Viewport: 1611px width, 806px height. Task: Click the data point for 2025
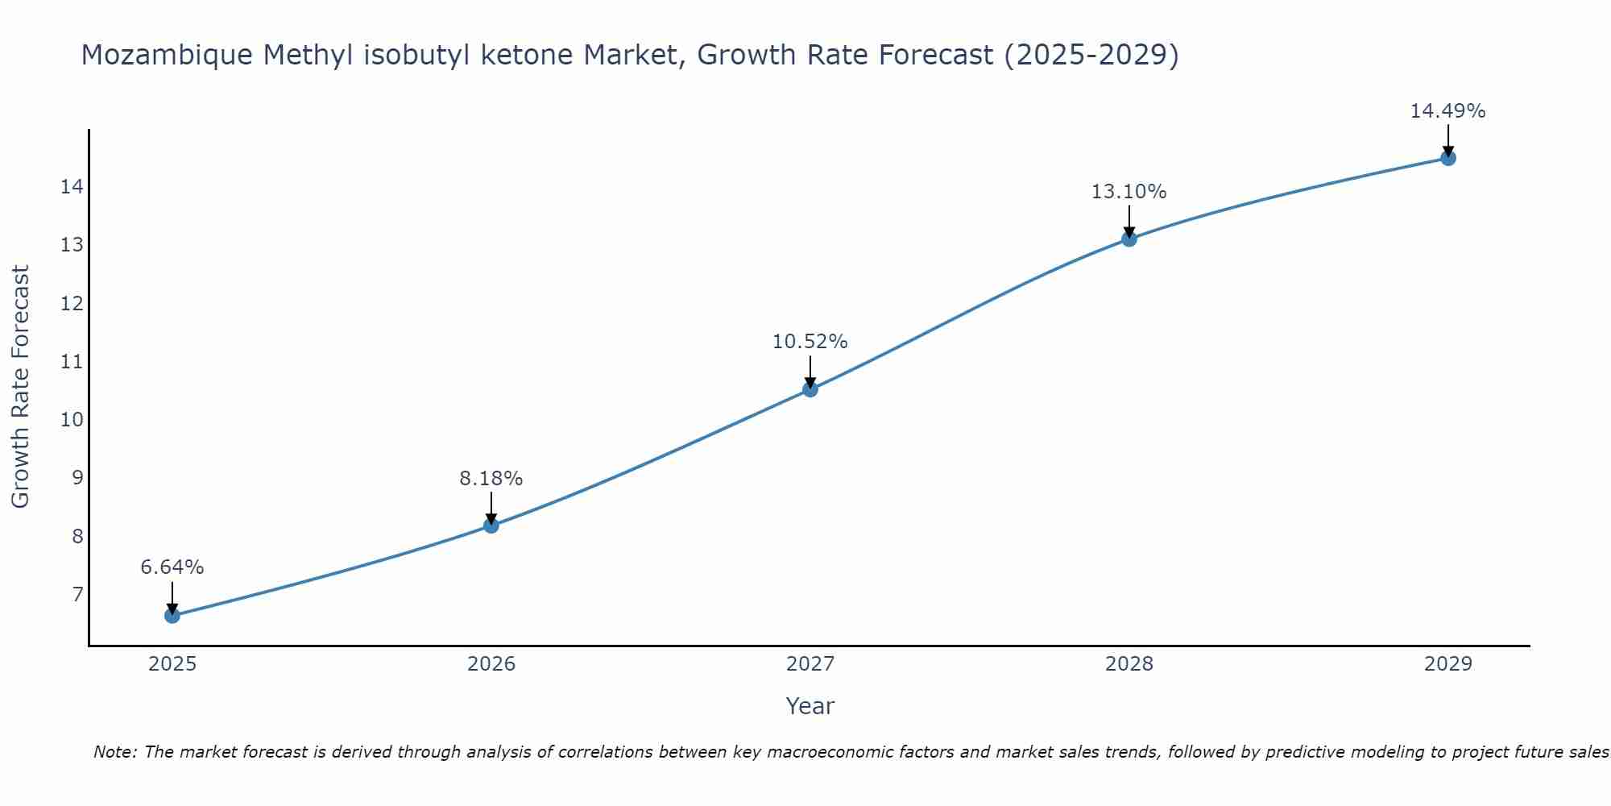172,616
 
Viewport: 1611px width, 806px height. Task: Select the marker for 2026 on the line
491,526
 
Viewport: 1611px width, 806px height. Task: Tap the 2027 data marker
810,389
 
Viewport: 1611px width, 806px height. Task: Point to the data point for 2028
1129,239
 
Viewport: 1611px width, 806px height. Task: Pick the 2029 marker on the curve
1448,158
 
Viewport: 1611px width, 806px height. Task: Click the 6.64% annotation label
172,567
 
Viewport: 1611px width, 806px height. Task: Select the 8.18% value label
491,479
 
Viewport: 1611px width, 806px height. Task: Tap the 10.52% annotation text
810,342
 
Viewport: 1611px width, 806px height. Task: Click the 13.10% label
1129,192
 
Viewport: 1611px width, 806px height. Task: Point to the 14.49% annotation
1447,111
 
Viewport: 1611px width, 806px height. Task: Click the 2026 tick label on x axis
491,664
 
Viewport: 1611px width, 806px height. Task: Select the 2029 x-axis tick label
1448,664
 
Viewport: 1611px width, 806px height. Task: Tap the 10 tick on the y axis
72,419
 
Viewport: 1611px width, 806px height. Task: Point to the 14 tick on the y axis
72,187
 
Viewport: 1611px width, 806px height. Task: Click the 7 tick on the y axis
77,595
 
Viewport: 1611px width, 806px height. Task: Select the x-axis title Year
810,706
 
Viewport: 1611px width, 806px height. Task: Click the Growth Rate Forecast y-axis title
21,387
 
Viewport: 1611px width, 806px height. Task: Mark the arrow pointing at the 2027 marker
810,372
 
